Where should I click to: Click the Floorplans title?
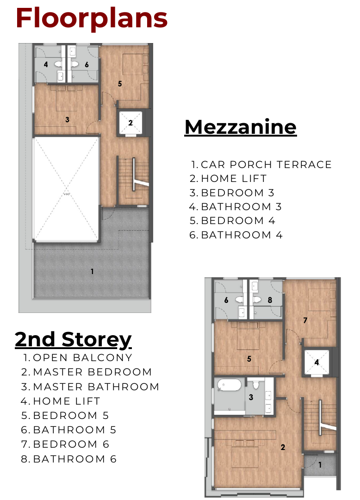point(92,18)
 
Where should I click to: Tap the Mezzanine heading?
point(241,127)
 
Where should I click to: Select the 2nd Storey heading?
point(73,339)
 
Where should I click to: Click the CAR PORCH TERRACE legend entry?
point(261,164)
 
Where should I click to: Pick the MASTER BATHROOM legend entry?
point(90,387)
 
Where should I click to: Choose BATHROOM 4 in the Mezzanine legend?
point(236,235)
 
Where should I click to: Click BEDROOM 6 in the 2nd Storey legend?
point(65,444)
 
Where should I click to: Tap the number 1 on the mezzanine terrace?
point(92,271)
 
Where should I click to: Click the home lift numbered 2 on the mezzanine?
point(130,122)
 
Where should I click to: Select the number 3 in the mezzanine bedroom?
point(67,119)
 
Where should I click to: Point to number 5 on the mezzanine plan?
point(120,83)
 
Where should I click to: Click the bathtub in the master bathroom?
point(229,385)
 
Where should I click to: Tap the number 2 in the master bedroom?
point(283,447)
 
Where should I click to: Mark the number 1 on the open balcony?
point(320,465)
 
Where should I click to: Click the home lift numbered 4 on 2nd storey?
point(317,362)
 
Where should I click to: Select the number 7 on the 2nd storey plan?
point(305,320)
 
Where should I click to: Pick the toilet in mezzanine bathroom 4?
point(58,64)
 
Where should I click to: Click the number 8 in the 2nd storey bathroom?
point(270,300)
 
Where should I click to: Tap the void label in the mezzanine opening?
point(66,194)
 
